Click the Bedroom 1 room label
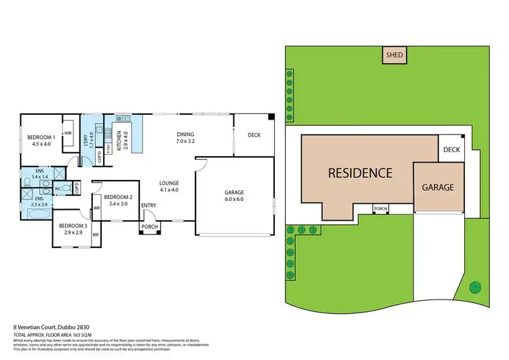pyautogui.click(x=39, y=140)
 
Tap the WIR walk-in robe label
pyautogui.click(x=68, y=134)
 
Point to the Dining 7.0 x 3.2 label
pyautogui.click(x=185, y=138)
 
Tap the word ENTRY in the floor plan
pyautogui.click(x=149, y=206)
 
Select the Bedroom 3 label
pyautogui.click(x=73, y=229)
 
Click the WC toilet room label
pyautogui.click(x=58, y=188)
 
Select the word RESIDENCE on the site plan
pyautogui.click(x=360, y=173)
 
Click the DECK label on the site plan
pyautogui.click(x=451, y=149)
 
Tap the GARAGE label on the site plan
pyautogui.click(x=438, y=187)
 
